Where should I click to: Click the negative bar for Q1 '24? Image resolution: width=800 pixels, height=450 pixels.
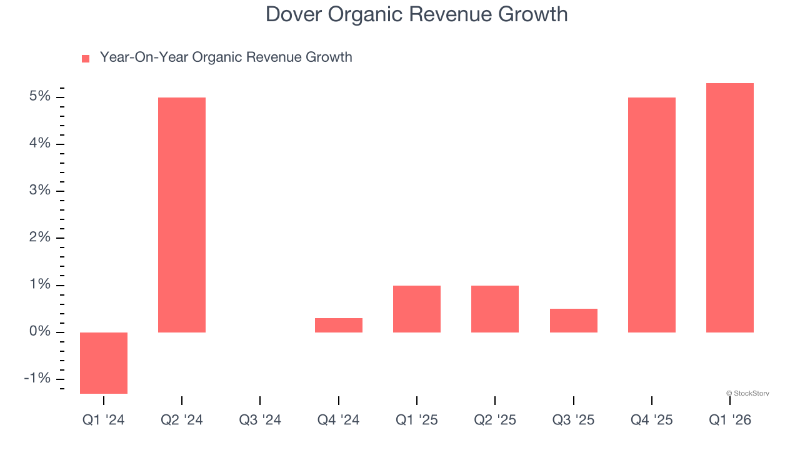(104, 362)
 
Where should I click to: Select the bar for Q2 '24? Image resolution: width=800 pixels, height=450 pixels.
(182, 214)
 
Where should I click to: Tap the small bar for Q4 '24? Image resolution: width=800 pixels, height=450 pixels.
(339, 325)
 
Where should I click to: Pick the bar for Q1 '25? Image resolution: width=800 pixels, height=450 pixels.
(417, 309)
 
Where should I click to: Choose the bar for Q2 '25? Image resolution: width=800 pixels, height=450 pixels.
(495, 309)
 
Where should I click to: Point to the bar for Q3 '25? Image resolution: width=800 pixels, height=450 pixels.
(574, 320)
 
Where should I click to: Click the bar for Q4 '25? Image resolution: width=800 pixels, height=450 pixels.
(652, 214)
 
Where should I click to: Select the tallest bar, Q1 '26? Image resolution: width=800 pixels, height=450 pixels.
(730, 207)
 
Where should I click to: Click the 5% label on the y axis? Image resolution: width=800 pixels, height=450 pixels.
(39, 96)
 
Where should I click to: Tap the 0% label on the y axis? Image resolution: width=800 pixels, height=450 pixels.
(39, 331)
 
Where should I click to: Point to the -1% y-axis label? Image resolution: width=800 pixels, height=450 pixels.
(37, 378)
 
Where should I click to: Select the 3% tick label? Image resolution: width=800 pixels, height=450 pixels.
(39, 191)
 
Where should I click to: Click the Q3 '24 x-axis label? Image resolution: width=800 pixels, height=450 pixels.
(260, 420)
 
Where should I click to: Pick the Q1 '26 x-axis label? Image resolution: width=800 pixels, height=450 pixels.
(730, 420)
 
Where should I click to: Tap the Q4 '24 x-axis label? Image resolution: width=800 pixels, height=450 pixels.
(339, 420)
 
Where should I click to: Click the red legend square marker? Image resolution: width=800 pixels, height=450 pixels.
(86, 59)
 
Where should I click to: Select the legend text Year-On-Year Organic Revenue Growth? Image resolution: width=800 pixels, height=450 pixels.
(226, 57)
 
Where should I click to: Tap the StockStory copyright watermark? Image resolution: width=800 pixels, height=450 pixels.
(747, 393)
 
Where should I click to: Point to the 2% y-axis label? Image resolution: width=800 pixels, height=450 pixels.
(39, 237)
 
